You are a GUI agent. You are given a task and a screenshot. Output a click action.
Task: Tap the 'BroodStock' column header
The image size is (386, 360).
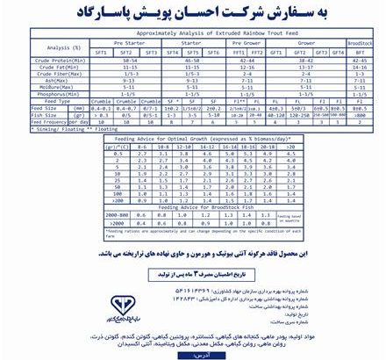(359, 42)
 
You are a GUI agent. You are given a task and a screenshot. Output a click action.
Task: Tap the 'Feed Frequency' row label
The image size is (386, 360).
(51, 122)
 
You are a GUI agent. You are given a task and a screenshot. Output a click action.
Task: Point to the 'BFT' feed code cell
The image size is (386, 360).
(359, 52)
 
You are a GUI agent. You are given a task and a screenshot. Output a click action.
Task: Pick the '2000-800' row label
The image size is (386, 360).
(118, 213)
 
